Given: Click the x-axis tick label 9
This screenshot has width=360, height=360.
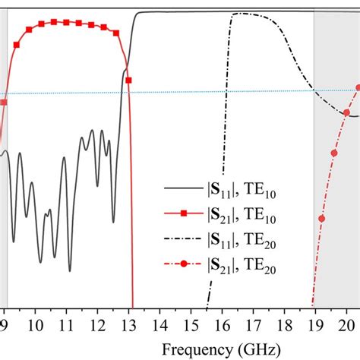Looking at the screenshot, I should [5, 325].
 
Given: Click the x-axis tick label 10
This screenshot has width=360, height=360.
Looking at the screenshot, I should [35, 325].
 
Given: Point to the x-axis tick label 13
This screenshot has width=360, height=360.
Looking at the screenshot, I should [128, 325].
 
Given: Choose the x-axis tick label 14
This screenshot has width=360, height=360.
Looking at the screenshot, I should [159, 325].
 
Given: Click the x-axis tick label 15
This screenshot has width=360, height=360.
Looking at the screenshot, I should [191, 325].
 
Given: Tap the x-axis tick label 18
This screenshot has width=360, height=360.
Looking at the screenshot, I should [284, 325].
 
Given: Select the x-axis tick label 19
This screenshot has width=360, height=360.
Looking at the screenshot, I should [315, 325].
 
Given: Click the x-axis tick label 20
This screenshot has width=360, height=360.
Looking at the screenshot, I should [346, 325].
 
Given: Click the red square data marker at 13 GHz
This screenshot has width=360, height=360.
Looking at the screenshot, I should [128, 80].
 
